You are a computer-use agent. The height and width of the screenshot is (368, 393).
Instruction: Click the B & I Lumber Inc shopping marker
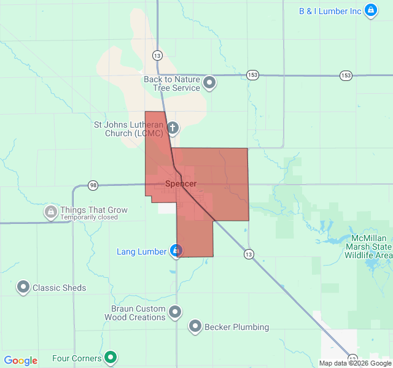pyautogui.click(x=371, y=10)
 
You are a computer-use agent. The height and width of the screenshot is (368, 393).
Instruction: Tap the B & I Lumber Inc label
pyautogui.click(x=330, y=11)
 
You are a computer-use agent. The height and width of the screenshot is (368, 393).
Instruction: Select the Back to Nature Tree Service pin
pyautogui.click(x=210, y=82)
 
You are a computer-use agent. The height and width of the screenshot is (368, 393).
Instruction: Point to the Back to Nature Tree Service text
pyautogui.click(x=172, y=84)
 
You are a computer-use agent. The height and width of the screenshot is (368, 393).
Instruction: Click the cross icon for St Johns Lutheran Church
pyautogui.click(x=173, y=128)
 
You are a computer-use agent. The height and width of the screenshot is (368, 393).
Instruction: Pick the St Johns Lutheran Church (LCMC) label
pyautogui.click(x=128, y=129)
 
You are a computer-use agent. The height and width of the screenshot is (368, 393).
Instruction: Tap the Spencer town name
pyautogui.click(x=181, y=184)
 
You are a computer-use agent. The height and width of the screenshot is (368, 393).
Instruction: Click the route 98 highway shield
pyautogui.click(x=93, y=185)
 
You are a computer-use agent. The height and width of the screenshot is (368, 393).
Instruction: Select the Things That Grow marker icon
pyautogui.click(x=50, y=212)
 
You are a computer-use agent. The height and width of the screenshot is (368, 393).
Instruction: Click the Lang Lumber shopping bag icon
pyautogui.click(x=176, y=251)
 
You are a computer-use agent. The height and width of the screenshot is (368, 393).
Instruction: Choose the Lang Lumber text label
pyautogui.click(x=142, y=252)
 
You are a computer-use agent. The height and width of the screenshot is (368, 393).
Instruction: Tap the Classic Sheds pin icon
pyautogui.click(x=23, y=286)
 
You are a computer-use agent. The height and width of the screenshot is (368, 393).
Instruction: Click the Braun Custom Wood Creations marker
pyautogui.click(x=175, y=312)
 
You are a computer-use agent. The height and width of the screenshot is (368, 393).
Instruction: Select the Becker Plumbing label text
pyautogui.click(x=236, y=327)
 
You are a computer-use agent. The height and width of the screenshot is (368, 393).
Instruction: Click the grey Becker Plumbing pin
pyautogui.click(x=195, y=326)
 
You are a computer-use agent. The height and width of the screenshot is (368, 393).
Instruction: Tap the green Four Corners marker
pyautogui.click(x=111, y=357)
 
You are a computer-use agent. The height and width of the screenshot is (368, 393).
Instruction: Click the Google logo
pyautogui.click(x=20, y=361)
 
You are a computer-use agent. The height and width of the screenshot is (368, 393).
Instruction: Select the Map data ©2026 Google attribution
pyautogui.click(x=355, y=363)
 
